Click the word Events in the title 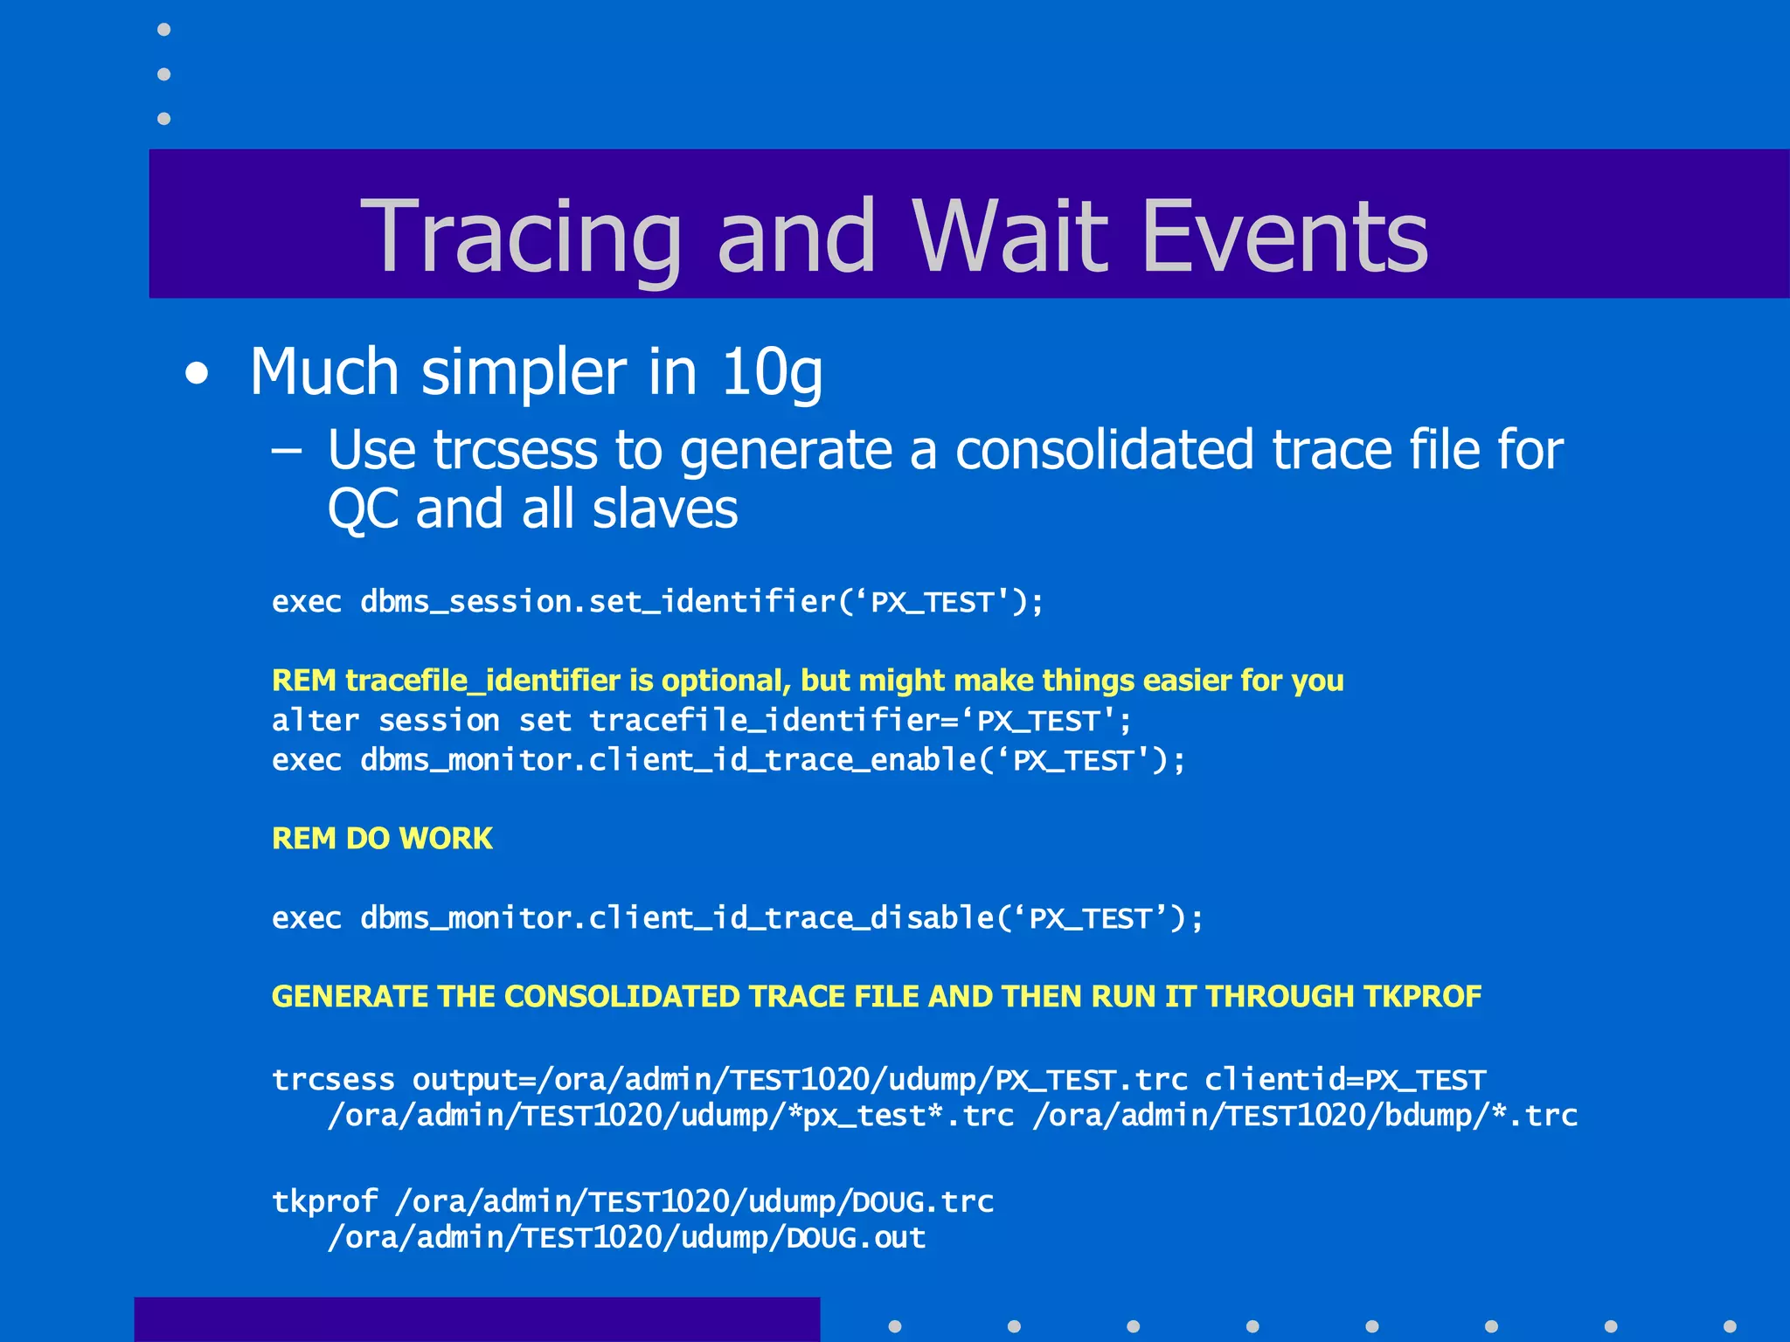(x=1284, y=236)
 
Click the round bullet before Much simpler (x=198, y=375)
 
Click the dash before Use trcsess (x=287, y=451)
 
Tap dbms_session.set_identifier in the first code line (x=598, y=602)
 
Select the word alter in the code (x=315, y=721)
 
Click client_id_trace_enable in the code (x=781, y=760)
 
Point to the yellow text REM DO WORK (x=382, y=839)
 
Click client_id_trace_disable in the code (x=790, y=918)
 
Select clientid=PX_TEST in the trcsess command (x=1344, y=1080)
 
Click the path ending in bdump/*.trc (x=1304, y=1116)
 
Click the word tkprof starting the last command (x=324, y=1202)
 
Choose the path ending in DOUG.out (x=626, y=1238)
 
